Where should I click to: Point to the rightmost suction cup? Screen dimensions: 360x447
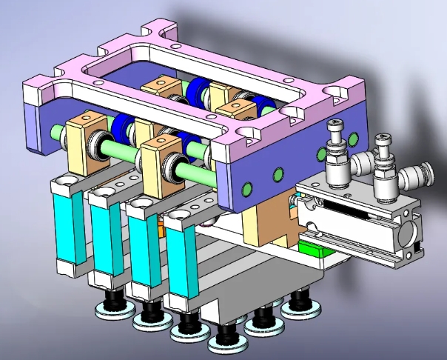click(x=299, y=303)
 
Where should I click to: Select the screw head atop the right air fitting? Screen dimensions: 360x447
click(x=382, y=139)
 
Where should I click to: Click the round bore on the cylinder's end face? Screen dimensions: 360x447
click(x=406, y=237)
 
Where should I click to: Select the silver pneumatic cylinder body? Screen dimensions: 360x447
click(x=355, y=222)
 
